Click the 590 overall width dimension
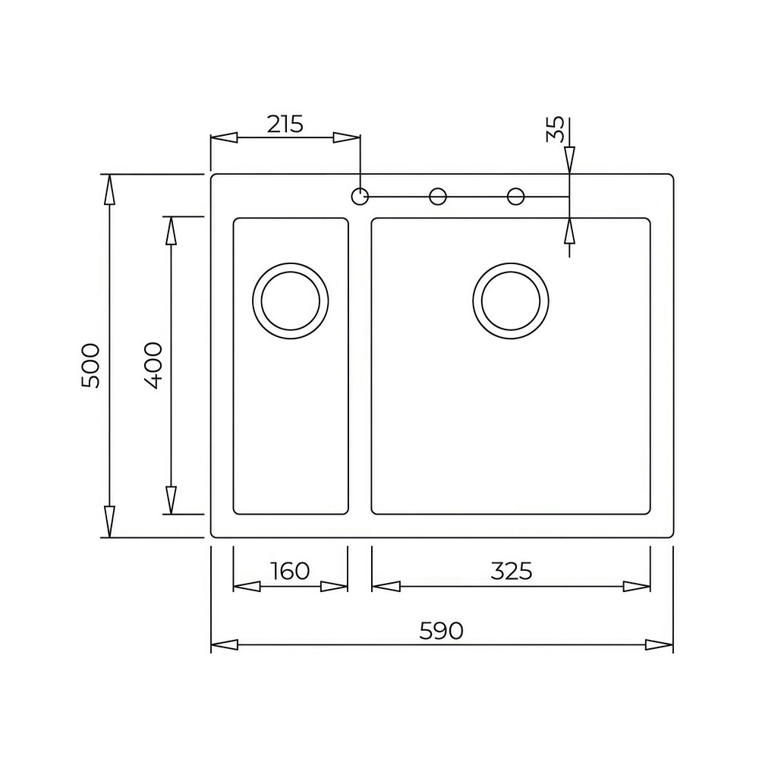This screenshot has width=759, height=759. pyautogui.click(x=441, y=631)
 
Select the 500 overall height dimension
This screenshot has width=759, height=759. pyautogui.click(x=90, y=366)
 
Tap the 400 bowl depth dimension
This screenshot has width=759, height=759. pyautogui.click(x=153, y=366)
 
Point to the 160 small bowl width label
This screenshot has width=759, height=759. pyautogui.click(x=290, y=572)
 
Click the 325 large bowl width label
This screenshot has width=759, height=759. pyautogui.click(x=511, y=572)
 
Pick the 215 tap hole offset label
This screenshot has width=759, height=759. pyautogui.click(x=285, y=124)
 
